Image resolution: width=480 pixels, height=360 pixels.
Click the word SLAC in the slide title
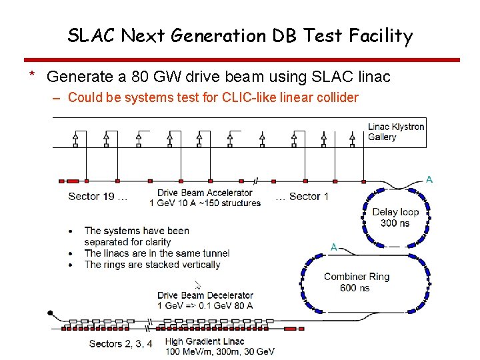click(91, 36)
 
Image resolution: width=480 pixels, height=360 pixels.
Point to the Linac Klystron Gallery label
click(395, 131)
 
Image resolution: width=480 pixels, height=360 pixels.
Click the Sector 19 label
click(93, 196)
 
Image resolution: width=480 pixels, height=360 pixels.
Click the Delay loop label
click(395, 212)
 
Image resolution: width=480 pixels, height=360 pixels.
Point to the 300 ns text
click(395, 223)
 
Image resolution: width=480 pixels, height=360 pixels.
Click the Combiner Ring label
click(357, 277)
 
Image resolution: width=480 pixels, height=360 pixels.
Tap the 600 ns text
click(355, 287)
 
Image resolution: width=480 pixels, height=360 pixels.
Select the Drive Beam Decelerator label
click(205, 295)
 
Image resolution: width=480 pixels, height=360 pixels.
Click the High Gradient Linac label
click(205, 341)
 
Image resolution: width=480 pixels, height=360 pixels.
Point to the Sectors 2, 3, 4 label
click(121, 343)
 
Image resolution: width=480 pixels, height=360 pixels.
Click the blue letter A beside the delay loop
click(429, 179)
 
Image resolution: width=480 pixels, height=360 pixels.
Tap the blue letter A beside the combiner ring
click(334, 247)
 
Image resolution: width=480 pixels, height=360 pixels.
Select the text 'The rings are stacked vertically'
click(152, 264)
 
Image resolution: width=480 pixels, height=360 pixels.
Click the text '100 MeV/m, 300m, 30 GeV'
click(220, 351)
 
